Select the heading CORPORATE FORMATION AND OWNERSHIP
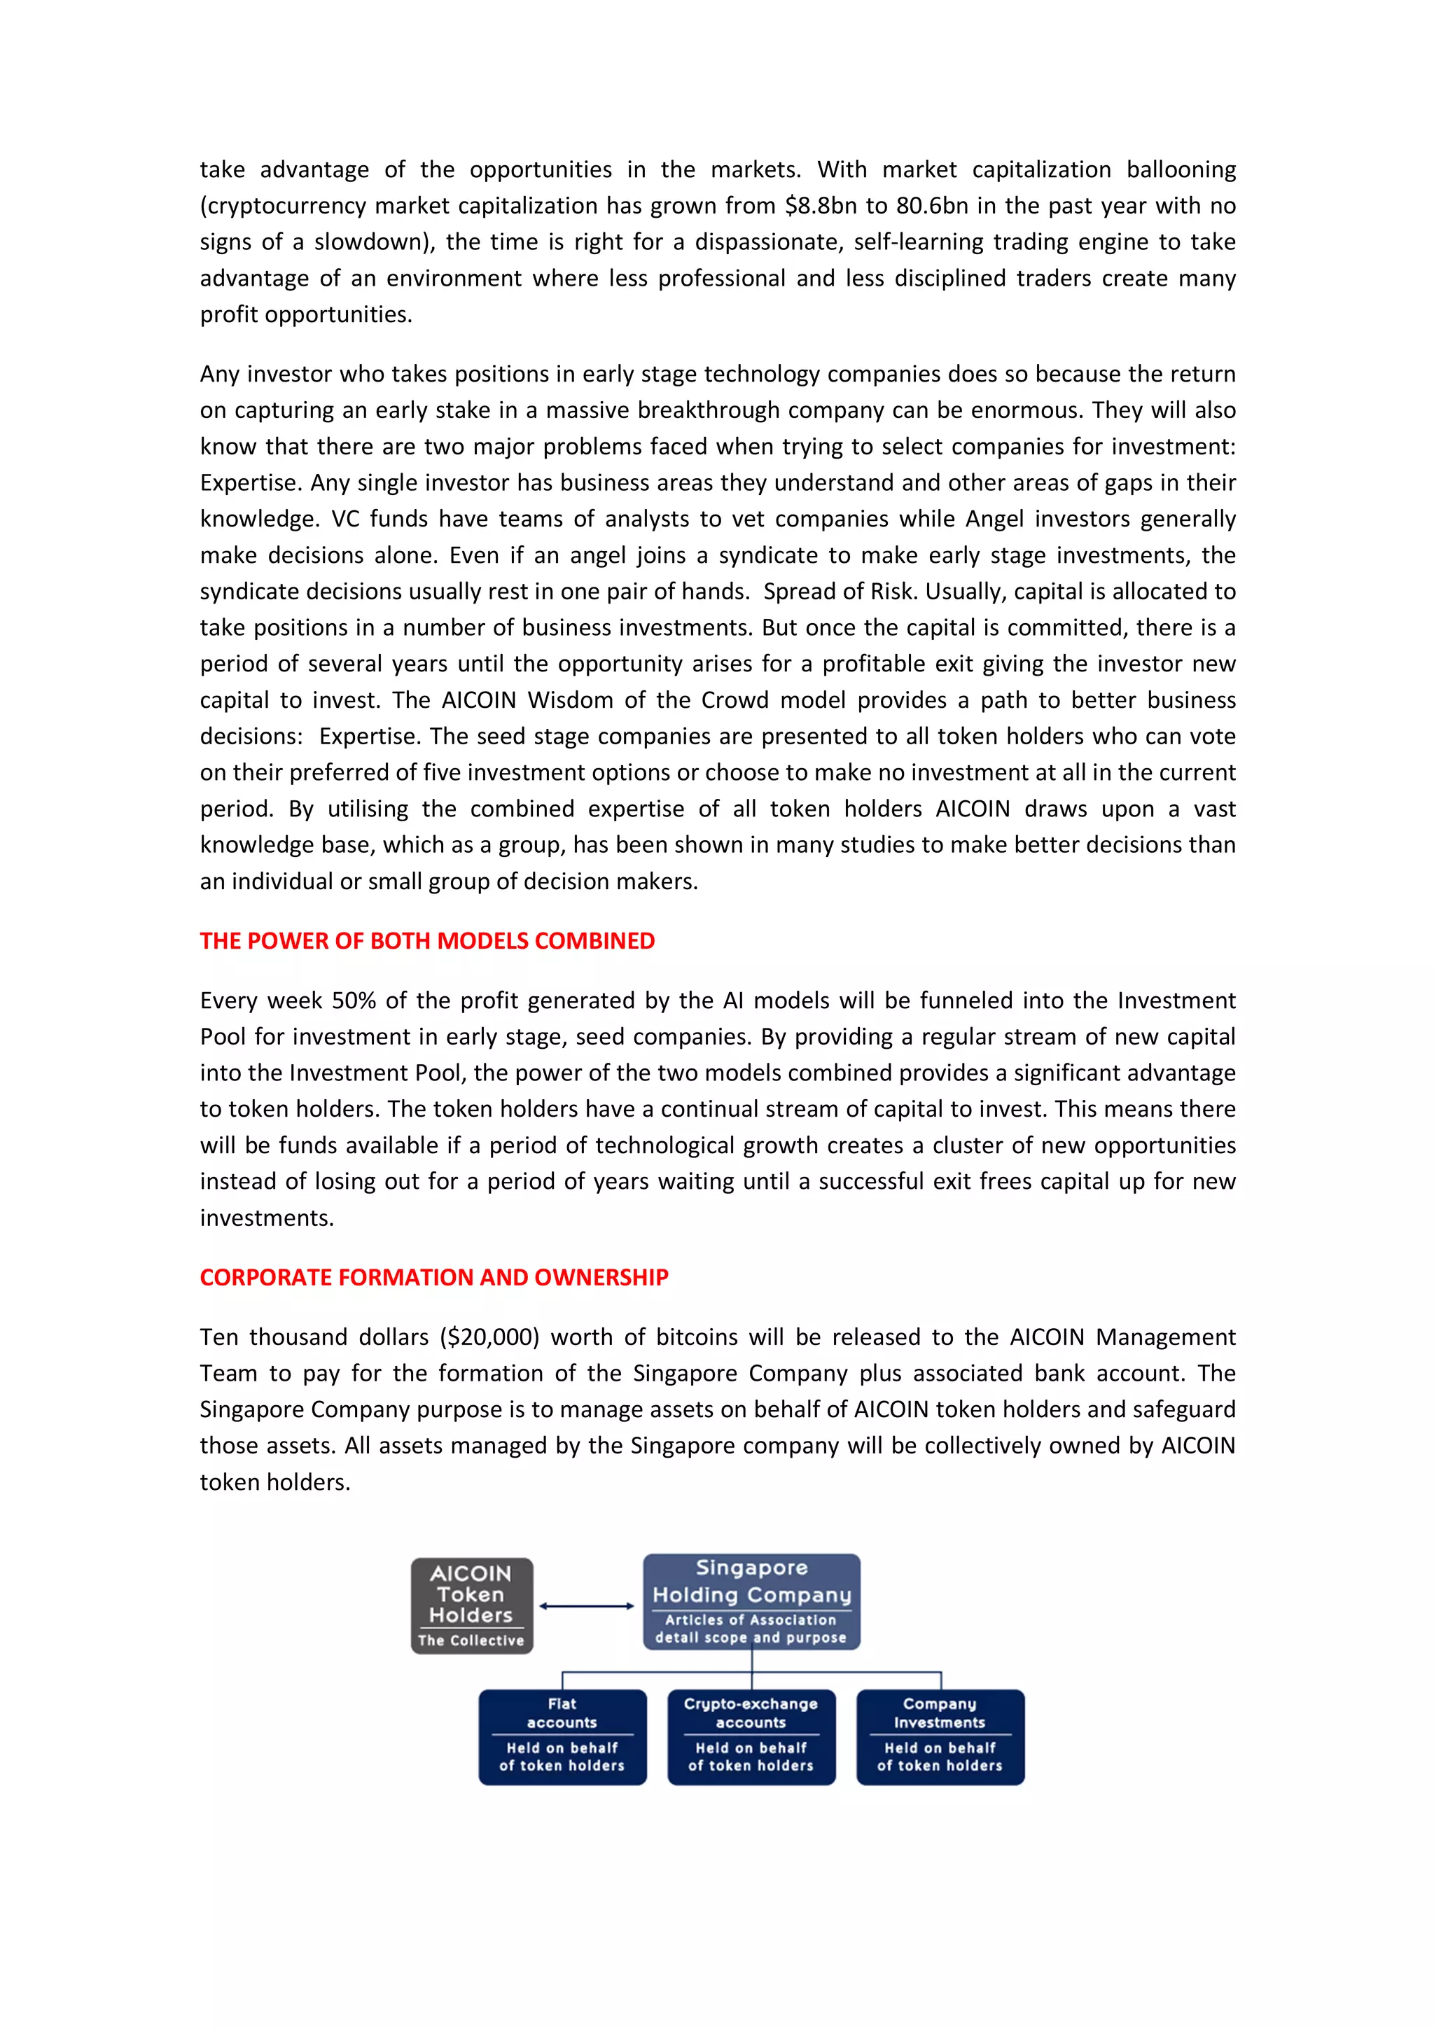click(434, 1277)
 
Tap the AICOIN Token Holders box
click(472, 1605)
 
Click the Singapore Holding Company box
click(751, 1601)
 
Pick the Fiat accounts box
click(562, 1737)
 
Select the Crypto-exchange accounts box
click(751, 1737)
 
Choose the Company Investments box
click(940, 1737)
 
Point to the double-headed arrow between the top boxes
click(587, 1605)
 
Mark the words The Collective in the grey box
click(471, 1640)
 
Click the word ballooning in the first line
click(1181, 169)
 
